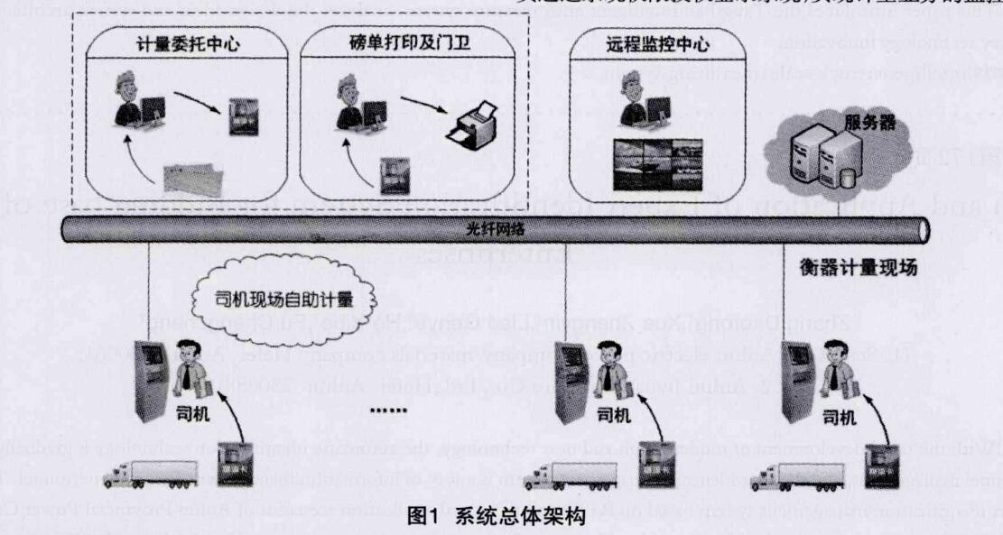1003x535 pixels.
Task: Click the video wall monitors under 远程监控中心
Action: tap(656, 165)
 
